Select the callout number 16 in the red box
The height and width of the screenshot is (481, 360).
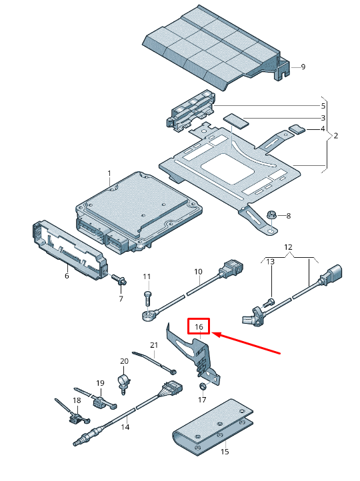coord(199,326)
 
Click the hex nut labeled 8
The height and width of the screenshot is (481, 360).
coord(272,215)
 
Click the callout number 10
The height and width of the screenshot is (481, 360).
coord(198,272)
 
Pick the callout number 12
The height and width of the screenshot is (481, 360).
coord(288,247)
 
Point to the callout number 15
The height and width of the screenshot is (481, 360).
coord(225,451)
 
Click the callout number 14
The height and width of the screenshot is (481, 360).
coord(125,427)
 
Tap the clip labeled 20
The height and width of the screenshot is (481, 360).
coord(123,382)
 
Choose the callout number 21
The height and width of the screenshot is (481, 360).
coord(154,345)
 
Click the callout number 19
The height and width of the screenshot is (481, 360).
coord(101,383)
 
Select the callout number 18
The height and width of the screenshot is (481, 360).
coord(77,400)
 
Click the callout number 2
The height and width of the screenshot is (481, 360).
coord(336,135)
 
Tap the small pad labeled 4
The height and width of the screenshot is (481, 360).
coord(297,129)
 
